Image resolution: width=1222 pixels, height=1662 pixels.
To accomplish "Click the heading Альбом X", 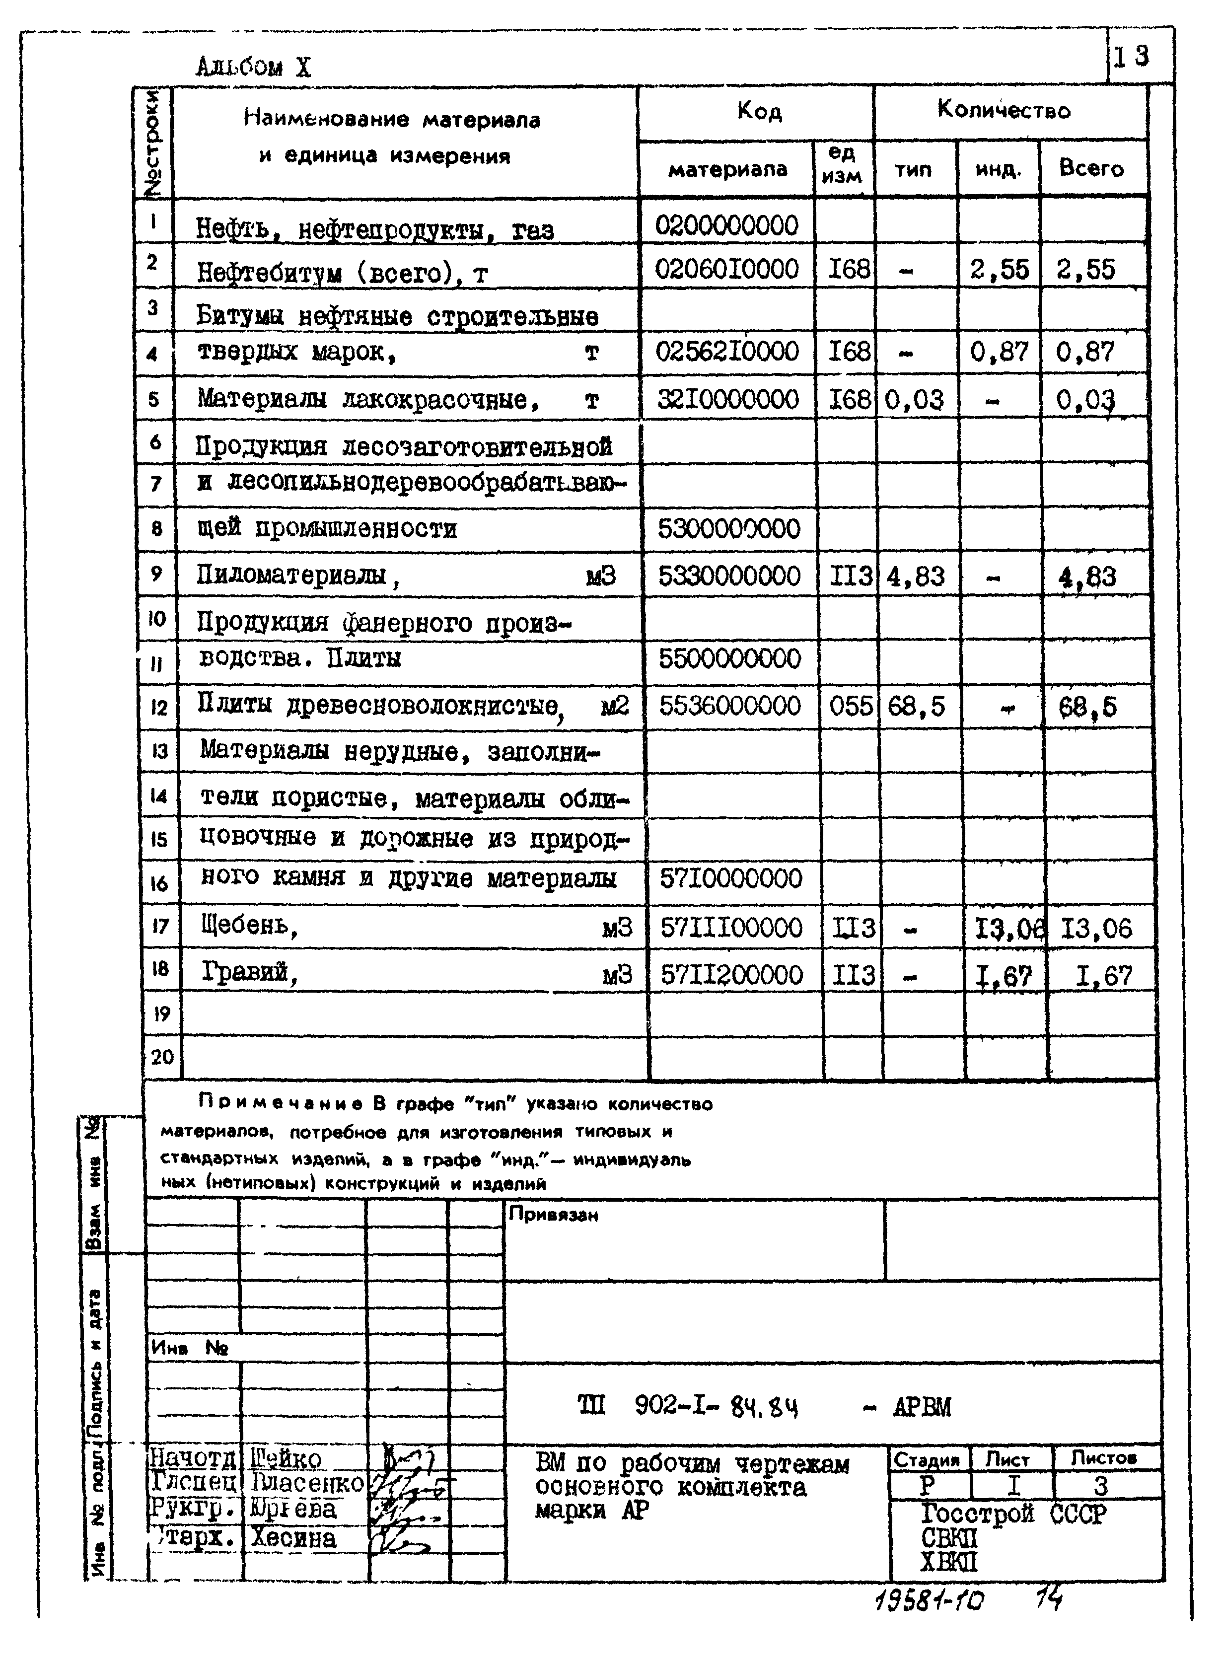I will point(253,68).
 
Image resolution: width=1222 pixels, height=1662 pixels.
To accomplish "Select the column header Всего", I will point(1091,169).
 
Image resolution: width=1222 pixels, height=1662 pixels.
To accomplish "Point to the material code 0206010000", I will point(726,269).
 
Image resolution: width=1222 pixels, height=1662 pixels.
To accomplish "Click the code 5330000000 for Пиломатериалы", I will point(728,576).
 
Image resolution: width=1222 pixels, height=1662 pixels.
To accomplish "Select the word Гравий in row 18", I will point(249,972).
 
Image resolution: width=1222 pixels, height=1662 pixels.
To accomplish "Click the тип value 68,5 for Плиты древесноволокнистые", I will point(916,707).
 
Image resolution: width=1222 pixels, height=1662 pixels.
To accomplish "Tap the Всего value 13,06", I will point(1096,928).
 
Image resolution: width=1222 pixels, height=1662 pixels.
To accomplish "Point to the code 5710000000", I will point(731,879).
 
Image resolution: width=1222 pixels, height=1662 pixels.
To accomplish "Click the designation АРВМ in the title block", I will point(922,1406).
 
